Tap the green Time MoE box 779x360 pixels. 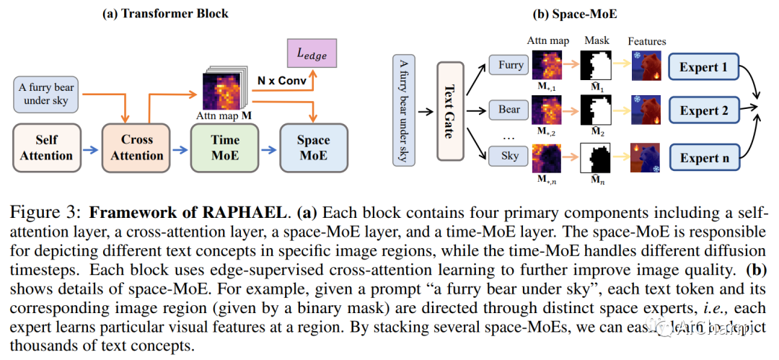(226, 147)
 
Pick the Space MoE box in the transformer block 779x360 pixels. (313, 147)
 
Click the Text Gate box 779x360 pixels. (449, 110)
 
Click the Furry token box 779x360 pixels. (511, 66)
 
